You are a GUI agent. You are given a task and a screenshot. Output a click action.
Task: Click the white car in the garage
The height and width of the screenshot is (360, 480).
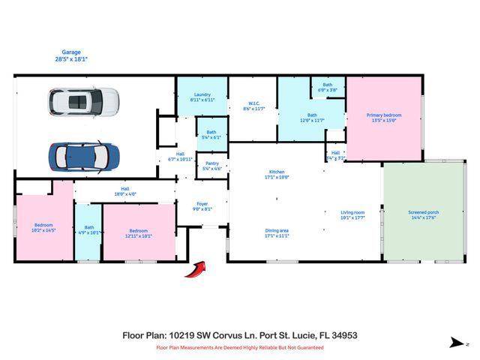click(x=84, y=102)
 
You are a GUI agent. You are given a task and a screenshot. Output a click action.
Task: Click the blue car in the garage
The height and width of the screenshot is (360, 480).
click(x=84, y=156)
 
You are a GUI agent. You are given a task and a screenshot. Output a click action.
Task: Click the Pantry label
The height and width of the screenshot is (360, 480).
click(x=211, y=166)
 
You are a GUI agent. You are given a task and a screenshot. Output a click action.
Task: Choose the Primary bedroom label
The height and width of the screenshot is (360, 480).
click(x=384, y=117)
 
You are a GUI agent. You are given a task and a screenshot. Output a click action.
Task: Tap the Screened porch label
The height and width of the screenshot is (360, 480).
click(x=424, y=214)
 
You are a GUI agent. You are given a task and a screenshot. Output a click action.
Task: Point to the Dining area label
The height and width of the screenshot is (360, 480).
click(x=277, y=232)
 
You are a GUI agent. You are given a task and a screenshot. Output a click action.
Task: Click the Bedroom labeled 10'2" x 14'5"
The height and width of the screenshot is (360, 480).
click(x=44, y=227)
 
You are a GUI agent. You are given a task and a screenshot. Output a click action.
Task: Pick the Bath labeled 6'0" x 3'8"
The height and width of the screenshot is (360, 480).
click(x=328, y=87)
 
